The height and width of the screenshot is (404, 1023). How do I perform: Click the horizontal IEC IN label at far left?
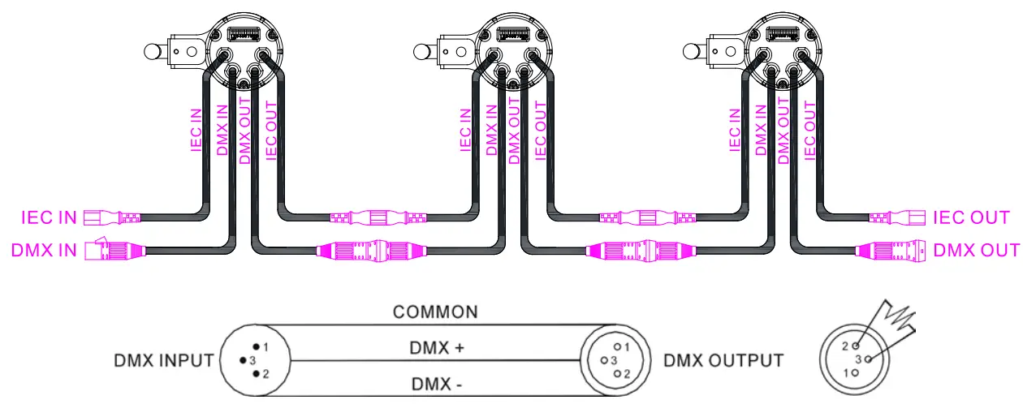[x=48, y=217]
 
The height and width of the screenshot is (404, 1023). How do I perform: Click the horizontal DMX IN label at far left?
[x=45, y=250]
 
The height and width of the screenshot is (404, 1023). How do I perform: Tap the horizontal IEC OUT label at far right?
[x=971, y=217]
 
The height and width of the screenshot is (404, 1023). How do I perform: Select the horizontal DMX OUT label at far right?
[x=976, y=250]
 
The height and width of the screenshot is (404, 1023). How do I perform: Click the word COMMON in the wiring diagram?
[x=435, y=312]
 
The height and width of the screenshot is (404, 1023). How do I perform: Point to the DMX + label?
[x=435, y=348]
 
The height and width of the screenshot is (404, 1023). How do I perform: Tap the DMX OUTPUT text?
[x=723, y=360]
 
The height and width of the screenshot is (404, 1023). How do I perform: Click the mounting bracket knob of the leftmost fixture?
[x=152, y=52]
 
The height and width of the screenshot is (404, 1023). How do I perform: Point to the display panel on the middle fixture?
[x=513, y=34]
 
